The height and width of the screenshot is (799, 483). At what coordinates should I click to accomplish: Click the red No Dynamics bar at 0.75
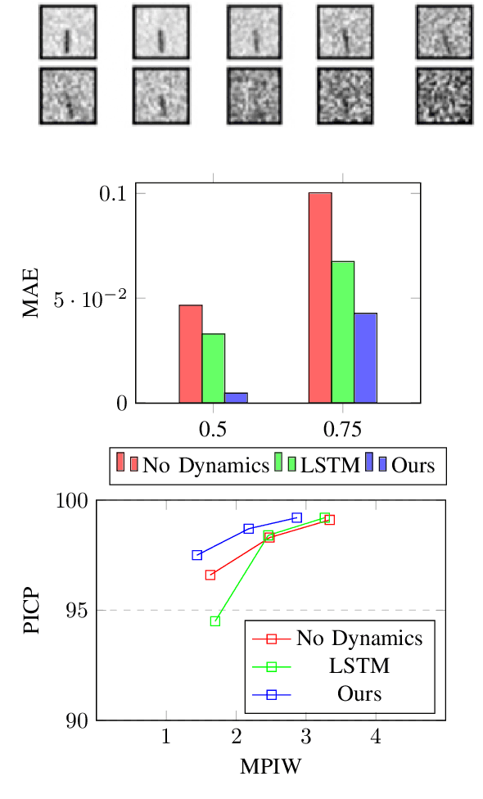(x=320, y=298)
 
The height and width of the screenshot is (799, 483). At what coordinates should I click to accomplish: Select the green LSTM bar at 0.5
(x=214, y=368)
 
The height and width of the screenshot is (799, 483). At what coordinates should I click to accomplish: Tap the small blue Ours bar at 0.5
(x=237, y=398)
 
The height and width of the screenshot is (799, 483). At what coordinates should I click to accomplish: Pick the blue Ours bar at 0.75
(x=365, y=358)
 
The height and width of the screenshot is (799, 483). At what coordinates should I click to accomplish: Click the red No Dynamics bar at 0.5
(x=191, y=354)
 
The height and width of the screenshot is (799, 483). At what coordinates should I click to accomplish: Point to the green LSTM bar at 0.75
(x=343, y=332)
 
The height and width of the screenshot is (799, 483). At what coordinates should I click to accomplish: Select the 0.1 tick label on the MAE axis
(x=113, y=194)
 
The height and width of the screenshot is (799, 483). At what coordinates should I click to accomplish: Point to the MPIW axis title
(x=271, y=768)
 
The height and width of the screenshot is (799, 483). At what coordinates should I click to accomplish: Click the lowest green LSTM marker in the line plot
(x=215, y=621)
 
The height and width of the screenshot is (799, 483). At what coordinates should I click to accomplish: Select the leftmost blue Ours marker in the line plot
(x=196, y=555)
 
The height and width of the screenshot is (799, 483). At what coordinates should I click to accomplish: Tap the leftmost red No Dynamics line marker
(x=210, y=575)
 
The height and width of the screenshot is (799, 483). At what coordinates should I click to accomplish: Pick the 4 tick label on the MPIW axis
(x=377, y=736)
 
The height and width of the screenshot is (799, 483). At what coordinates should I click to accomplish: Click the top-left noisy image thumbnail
(x=67, y=32)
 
